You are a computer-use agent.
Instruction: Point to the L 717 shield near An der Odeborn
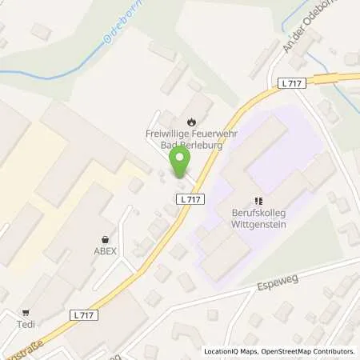(292, 83)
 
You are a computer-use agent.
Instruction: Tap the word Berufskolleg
(258, 214)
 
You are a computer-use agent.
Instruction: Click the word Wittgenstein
(258, 226)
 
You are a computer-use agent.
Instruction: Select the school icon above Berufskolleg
(258, 201)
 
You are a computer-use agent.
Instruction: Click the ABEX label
(105, 250)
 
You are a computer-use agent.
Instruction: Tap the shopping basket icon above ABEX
(105, 238)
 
